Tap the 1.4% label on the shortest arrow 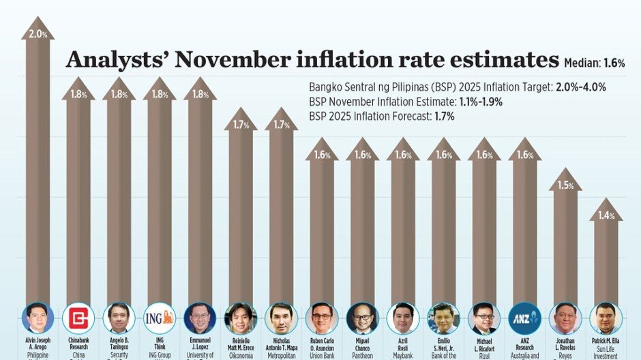(x=606, y=215)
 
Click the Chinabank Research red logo (x=78, y=318)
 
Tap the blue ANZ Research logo (x=524, y=318)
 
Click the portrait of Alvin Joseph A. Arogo (x=38, y=318)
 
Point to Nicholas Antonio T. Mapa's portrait (x=281, y=318)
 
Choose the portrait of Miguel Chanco (x=362, y=318)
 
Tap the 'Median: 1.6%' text (x=595, y=63)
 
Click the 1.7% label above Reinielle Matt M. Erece (x=241, y=125)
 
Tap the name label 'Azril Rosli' (x=403, y=343)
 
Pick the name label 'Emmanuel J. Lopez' (x=200, y=343)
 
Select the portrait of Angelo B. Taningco (x=119, y=318)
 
